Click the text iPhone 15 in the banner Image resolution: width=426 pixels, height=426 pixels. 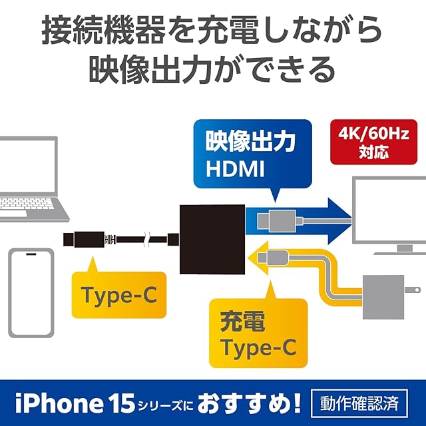[x=64, y=403]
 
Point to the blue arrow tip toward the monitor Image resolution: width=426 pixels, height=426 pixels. [x=339, y=220]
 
